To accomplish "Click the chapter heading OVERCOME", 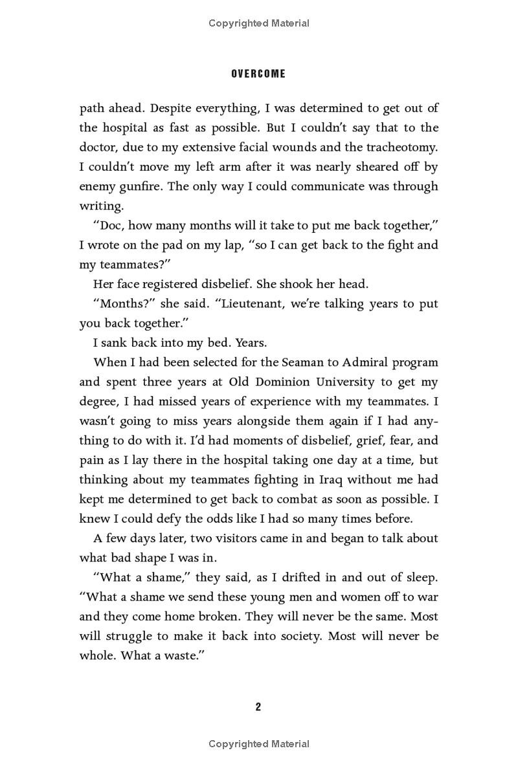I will pos(258,74).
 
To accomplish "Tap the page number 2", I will pos(258,706).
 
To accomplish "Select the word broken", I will pos(221,617).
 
